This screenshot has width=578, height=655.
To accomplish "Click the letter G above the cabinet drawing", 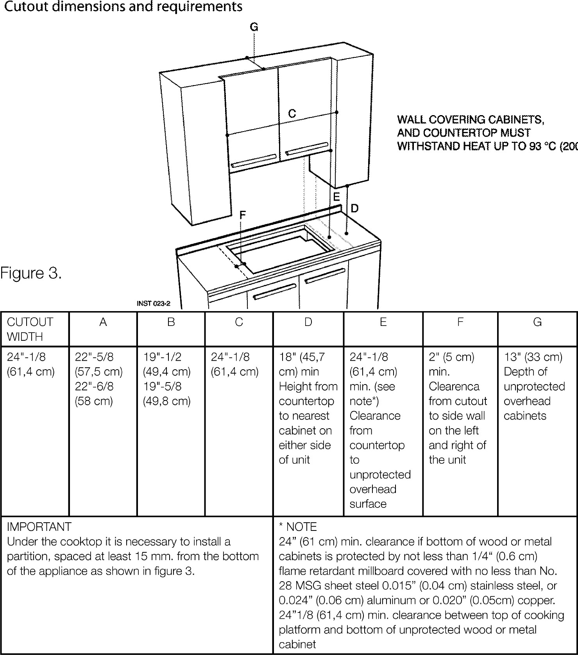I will tap(254, 27).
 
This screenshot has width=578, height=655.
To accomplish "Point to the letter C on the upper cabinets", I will tap(292, 114).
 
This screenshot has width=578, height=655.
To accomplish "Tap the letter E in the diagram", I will tap(336, 196).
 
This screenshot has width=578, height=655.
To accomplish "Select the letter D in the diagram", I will tap(354, 208).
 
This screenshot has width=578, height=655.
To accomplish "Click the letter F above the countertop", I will tap(243, 215).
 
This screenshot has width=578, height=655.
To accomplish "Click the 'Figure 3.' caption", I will tap(31, 273).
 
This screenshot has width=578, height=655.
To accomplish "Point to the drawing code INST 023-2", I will tap(154, 303).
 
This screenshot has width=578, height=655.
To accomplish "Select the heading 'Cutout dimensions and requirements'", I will tap(123, 7).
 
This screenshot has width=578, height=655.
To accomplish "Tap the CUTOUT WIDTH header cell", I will tap(30, 329).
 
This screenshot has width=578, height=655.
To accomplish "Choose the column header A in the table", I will tap(103, 322).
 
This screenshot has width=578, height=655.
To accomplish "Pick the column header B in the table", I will tap(171, 322).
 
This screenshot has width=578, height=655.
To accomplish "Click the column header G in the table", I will tap(537, 322).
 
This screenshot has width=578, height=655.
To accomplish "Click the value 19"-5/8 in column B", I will tap(162, 386).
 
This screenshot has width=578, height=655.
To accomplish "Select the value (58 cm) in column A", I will tap(94, 401).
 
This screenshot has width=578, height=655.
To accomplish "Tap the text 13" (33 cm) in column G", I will tap(533, 357).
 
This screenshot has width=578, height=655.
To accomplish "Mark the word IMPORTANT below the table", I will tap(39, 527).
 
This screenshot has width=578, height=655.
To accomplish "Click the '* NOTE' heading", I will tap(297, 527).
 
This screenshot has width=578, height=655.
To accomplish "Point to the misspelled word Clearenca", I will tap(454, 386).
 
